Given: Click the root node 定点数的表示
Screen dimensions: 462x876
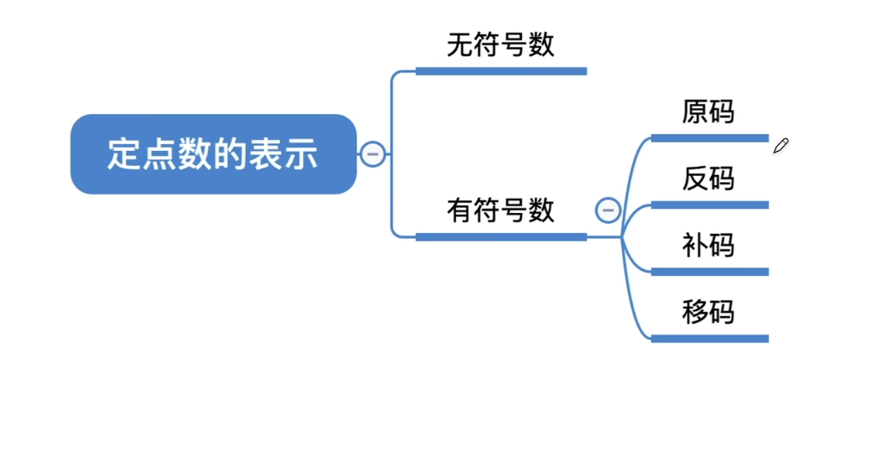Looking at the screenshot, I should pyautogui.click(x=213, y=154).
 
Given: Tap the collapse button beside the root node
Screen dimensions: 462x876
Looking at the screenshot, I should pyautogui.click(x=373, y=154).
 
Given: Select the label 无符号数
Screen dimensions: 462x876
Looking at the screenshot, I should pyautogui.click(x=500, y=44).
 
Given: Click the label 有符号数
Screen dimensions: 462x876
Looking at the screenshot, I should pyautogui.click(x=500, y=210).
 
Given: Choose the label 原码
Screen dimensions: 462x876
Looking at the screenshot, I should pyautogui.click(x=708, y=112).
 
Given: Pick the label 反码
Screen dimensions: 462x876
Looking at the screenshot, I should pyautogui.click(x=708, y=179).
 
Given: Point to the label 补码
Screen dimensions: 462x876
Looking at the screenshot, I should pyautogui.click(x=708, y=245).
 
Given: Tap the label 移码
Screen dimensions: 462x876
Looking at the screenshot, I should pyautogui.click(x=708, y=312).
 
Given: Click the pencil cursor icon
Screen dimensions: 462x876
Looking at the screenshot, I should pyautogui.click(x=780, y=147).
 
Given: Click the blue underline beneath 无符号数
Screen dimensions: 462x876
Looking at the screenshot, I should pyautogui.click(x=500, y=71).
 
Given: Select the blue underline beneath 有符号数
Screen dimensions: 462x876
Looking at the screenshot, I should pyautogui.click(x=500, y=237).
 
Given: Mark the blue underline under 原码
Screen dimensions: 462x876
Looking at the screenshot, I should pyautogui.click(x=709, y=138).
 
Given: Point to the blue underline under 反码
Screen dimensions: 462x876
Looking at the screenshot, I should pyautogui.click(x=709, y=205).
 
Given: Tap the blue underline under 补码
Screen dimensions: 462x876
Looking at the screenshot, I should pyautogui.click(x=709, y=272).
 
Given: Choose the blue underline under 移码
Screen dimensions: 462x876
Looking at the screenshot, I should pyautogui.click(x=709, y=339).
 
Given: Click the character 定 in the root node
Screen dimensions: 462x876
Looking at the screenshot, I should pyautogui.click(x=123, y=155).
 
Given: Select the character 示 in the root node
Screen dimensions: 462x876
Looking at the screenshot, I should pyautogui.click(x=302, y=155).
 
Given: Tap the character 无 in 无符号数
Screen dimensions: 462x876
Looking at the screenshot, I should pyautogui.click(x=460, y=44).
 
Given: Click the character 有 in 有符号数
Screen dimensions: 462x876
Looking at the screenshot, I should pyautogui.click(x=460, y=210).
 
